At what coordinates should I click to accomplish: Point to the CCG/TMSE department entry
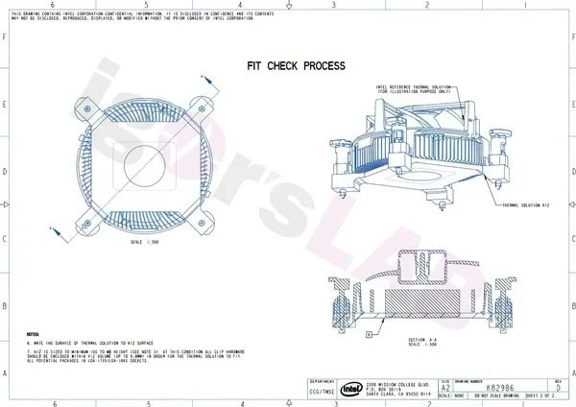click(324, 392)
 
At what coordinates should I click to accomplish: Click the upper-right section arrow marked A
click(202, 74)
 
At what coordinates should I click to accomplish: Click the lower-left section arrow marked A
click(53, 228)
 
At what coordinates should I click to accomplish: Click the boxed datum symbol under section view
click(369, 333)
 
